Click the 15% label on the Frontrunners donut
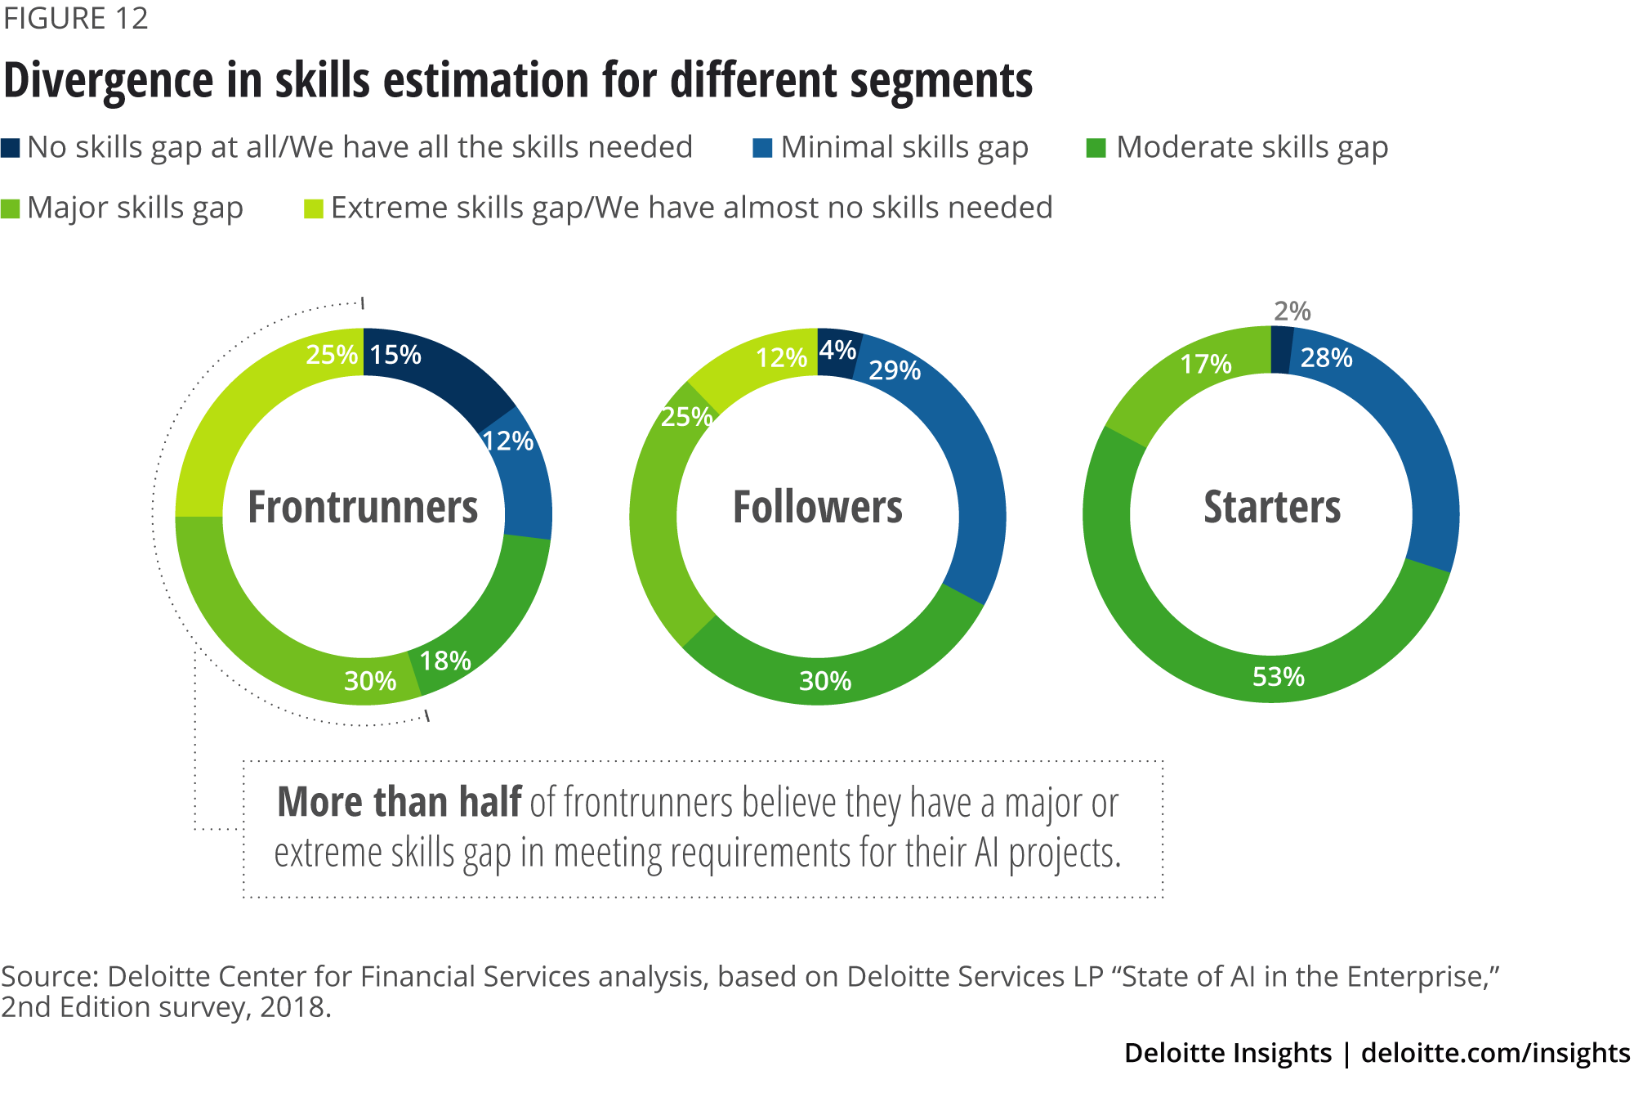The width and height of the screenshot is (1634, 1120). pos(395,355)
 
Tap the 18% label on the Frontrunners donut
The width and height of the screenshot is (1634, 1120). pos(445,661)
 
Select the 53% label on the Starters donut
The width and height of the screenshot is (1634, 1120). pos(1279,677)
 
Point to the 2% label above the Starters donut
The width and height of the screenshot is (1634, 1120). pos(1292,311)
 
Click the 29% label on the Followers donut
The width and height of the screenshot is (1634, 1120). pos(895,370)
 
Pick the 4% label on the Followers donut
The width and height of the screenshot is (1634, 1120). pos(837,350)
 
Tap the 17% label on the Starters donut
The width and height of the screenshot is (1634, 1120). pos(1206,364)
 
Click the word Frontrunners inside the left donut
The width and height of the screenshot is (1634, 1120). pos(363,507)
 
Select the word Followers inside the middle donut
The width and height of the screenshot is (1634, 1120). pos(818,507)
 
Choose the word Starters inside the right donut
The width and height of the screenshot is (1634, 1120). pos(1272,507)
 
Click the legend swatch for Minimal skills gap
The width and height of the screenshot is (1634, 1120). pos(762,148)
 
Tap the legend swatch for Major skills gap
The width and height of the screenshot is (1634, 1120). pos(11,209)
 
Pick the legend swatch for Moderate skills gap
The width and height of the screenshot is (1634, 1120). pos(1096,148)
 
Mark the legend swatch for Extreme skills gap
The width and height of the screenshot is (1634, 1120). pos(314,209)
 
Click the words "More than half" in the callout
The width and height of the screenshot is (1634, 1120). pos(400,802)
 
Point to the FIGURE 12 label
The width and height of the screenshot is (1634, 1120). pos(76,18)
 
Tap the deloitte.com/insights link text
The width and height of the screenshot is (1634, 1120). pos(1495,1053)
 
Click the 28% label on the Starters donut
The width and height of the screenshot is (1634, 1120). pos(1326,358)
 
